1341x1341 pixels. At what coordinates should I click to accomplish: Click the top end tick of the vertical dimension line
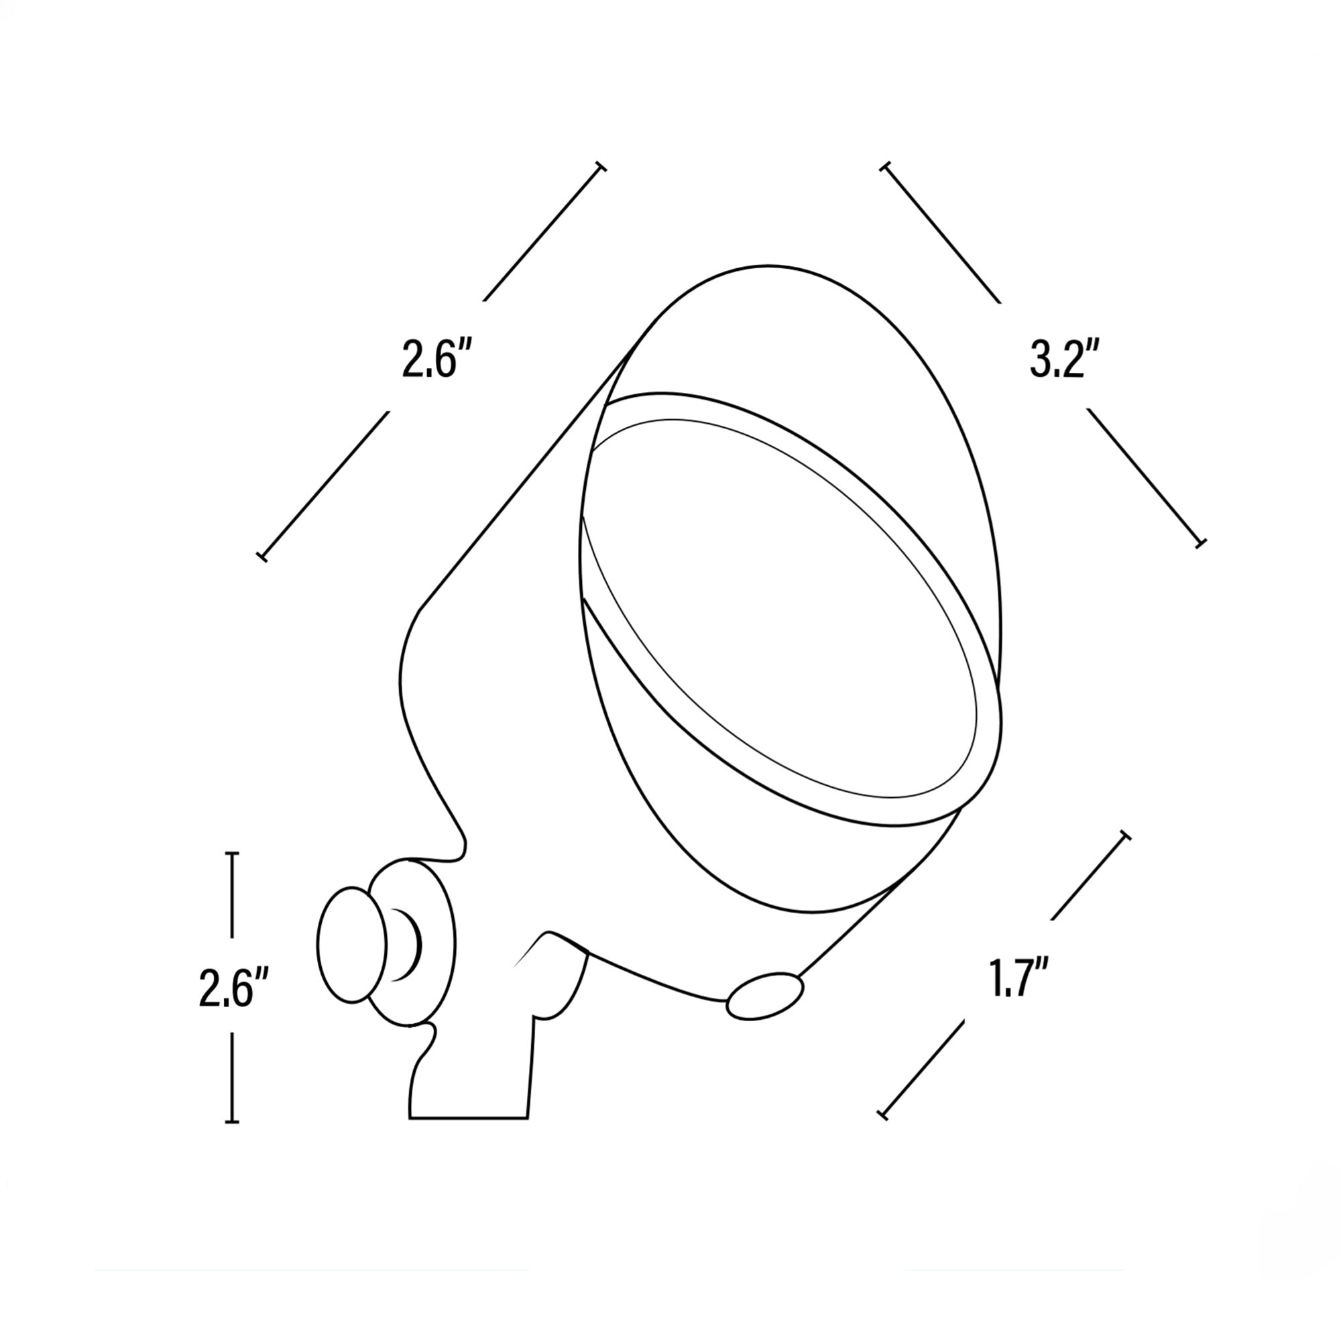(233, 853)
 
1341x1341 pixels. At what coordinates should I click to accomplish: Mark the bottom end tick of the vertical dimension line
(233, 1121)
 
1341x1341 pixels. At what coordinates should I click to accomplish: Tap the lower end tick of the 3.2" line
(1201, 542)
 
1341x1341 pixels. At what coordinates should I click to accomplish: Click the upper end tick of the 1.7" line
(1125, 835)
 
